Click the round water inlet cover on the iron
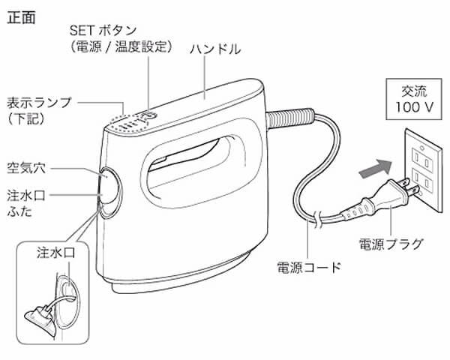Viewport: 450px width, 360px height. (109, 186)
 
